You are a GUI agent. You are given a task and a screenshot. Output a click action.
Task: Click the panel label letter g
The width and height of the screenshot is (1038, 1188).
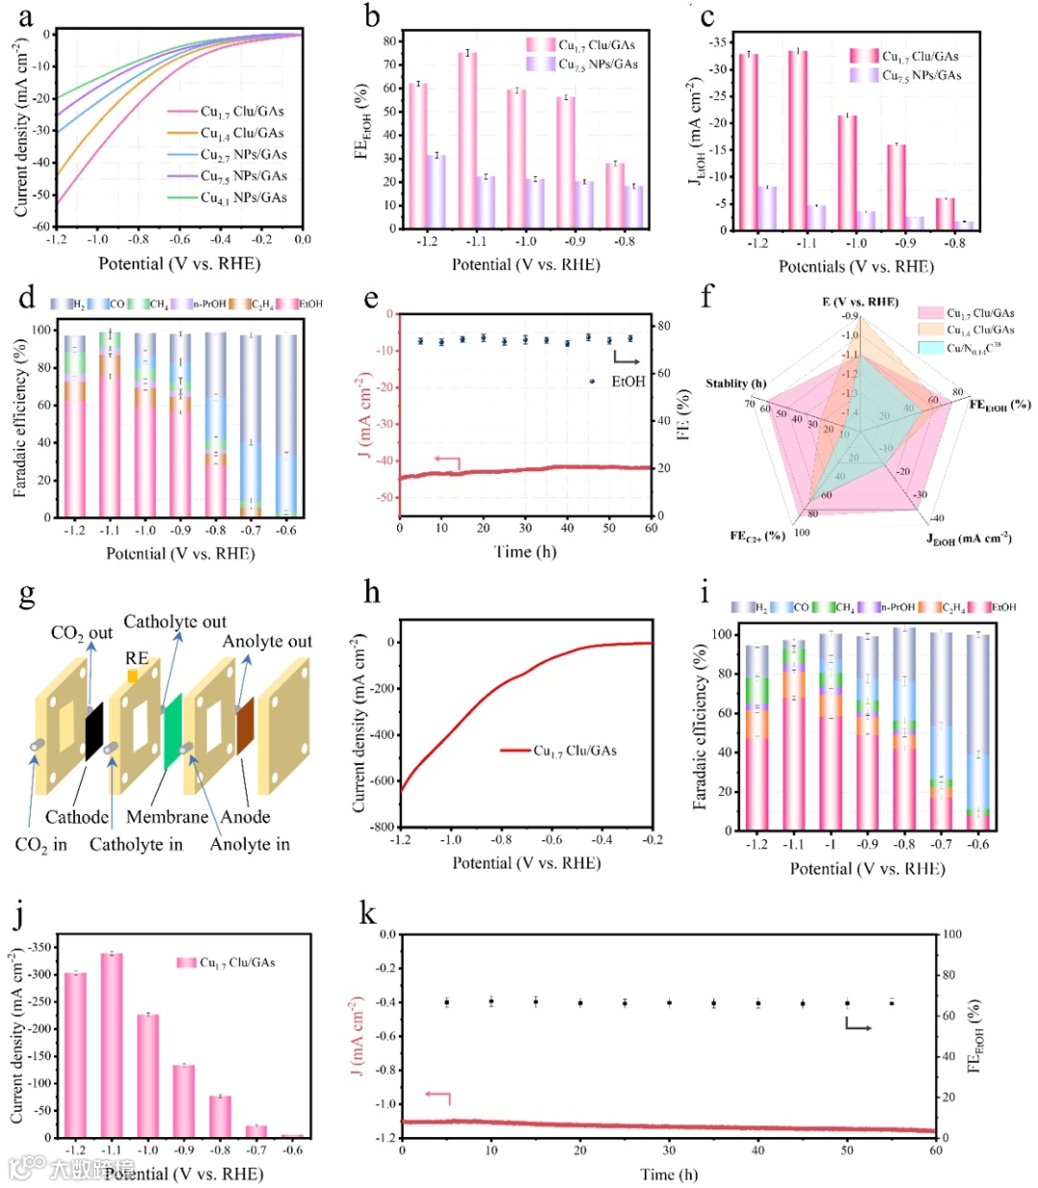(27, 596)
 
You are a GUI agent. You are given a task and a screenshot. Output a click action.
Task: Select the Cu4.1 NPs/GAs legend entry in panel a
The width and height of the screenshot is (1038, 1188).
(242, 198)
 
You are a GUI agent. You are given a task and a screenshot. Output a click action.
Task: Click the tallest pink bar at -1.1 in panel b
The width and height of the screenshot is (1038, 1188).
(467, 140)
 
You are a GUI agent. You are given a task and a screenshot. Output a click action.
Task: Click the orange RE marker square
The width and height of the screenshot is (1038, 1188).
(133, 676)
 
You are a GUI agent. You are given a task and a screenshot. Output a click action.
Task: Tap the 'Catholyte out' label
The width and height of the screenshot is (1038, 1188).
(175, 622)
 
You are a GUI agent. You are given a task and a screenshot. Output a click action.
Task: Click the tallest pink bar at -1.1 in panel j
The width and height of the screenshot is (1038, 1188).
(111, 1045)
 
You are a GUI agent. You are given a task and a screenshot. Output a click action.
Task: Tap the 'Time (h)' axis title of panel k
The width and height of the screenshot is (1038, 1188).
(669, 1175)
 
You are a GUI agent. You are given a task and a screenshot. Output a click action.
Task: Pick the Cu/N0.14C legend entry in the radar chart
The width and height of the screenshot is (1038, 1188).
(967, 347)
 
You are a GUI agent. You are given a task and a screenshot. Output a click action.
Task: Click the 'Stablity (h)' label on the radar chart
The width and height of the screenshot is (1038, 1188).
(736, 384)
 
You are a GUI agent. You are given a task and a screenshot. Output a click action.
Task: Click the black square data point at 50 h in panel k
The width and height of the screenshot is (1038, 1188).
(847, 1003)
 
